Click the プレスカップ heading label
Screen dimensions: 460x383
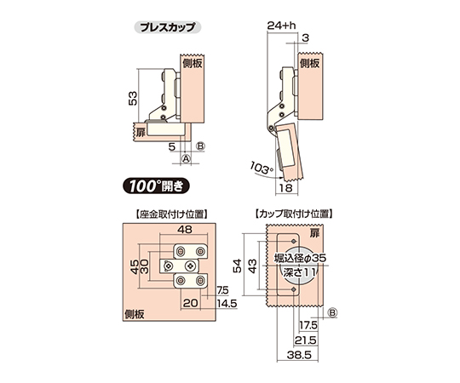[168, 27]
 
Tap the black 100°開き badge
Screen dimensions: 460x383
[156, 186]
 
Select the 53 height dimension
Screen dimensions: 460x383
[133, 99]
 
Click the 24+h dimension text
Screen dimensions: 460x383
[282, 26]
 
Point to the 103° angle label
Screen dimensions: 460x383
[262, 169]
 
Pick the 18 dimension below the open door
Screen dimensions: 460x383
[285, 188]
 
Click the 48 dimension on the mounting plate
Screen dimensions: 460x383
[185, 230]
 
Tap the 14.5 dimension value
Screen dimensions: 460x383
[227, 304]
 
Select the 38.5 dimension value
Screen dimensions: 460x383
[299, 355]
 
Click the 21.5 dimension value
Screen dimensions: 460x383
[306, 340]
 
